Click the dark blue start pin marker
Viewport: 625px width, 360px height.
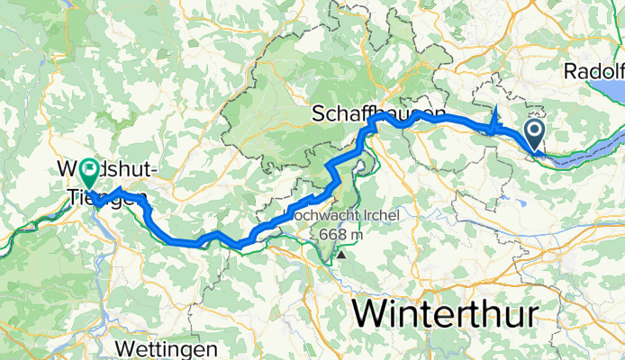coord(534,136)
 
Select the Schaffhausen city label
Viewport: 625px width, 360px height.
coord(378,113)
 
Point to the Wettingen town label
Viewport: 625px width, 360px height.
coord(167,348)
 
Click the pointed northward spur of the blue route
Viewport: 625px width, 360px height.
coord(496,111)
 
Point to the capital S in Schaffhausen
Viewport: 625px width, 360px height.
coord(319,113)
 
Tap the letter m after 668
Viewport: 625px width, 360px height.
coord(358,235)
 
